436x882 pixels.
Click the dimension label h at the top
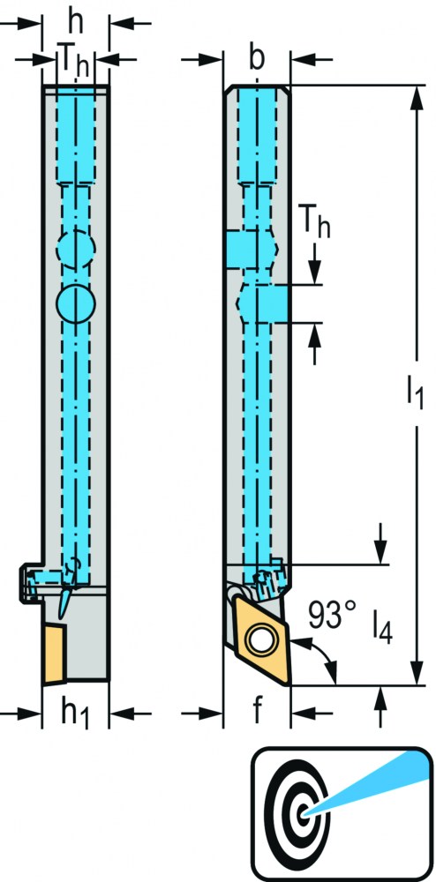click(x=75, y=24)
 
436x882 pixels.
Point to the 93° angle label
click(x=333, y=616)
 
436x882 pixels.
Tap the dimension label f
click(x=257, y=712)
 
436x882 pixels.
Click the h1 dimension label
click(x=75, y=714)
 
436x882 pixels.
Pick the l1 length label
click(x=415, y=392)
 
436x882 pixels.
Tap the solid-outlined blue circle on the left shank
click(x=75, y=303)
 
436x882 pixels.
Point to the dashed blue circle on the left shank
click(x=75, y=248)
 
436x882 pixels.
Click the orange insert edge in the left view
click(x=55, y=653)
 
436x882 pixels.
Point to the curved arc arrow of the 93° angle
click(x=324, y=655)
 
